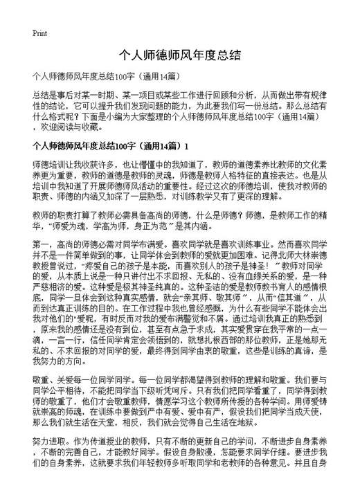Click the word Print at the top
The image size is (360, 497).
click(x=39, y=33)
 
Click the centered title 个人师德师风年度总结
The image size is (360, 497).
click(x=180, y=55)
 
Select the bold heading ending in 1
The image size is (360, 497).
click(x=110, y=147)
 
